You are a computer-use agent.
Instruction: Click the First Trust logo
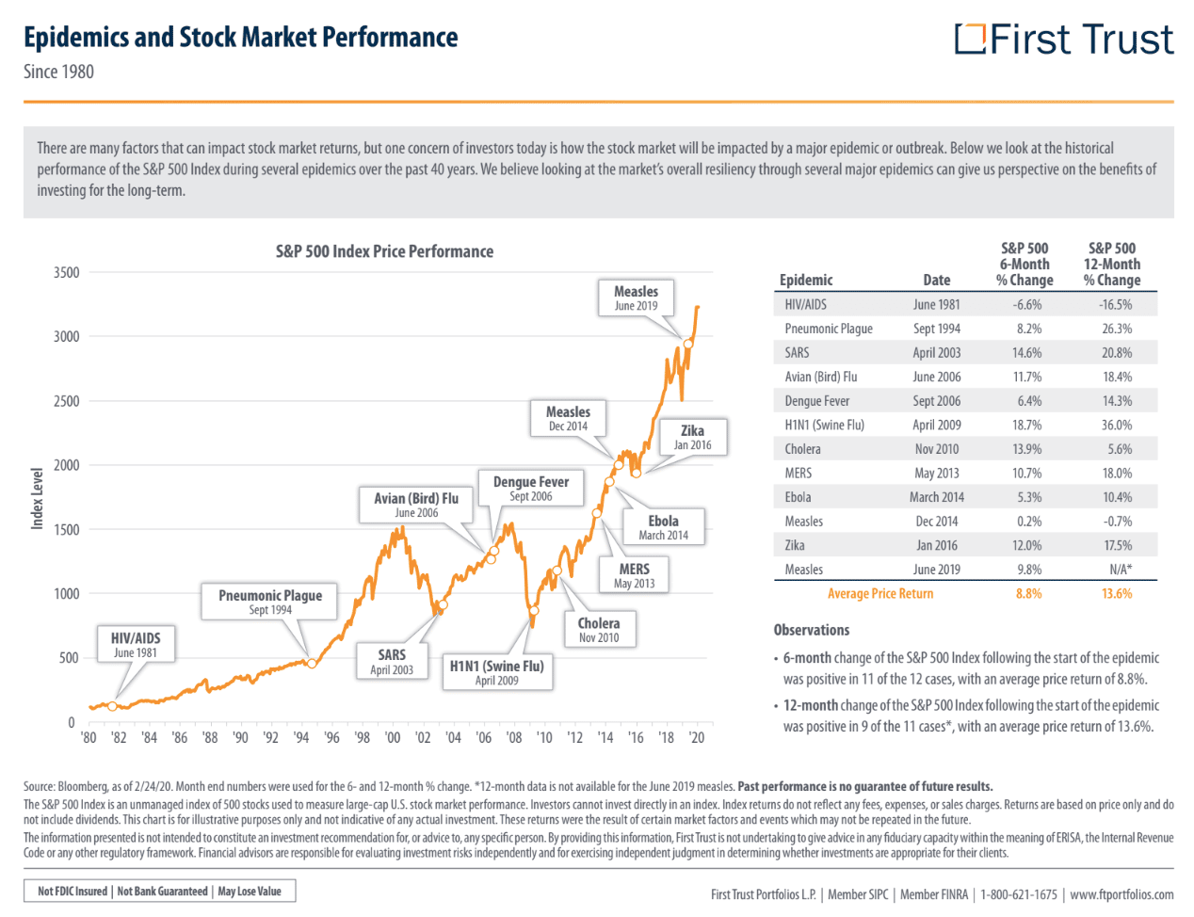1063,39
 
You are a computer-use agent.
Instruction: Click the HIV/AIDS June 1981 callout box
136,644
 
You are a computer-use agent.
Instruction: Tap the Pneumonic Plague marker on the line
312,664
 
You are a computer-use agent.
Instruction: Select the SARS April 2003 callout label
392,662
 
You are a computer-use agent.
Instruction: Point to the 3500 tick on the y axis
67,272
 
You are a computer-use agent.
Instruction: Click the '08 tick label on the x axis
514,737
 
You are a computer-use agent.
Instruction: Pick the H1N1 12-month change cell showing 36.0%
1117,425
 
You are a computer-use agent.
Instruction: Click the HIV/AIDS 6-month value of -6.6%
1027,305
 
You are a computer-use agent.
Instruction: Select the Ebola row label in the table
798,497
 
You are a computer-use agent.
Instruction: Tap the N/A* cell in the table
1121,570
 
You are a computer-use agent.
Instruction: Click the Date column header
936,280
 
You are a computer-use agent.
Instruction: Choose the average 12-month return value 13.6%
1117,593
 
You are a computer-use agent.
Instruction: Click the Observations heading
811,630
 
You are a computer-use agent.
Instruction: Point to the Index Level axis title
37,499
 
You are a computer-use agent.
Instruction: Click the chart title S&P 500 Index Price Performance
384,251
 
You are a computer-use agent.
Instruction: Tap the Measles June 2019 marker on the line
688,345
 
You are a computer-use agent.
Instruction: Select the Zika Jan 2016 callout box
692,437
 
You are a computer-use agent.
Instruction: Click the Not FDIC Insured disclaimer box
159,891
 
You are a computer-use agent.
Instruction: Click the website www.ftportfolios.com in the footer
1121,894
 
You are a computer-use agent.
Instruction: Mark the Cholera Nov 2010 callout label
599,630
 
